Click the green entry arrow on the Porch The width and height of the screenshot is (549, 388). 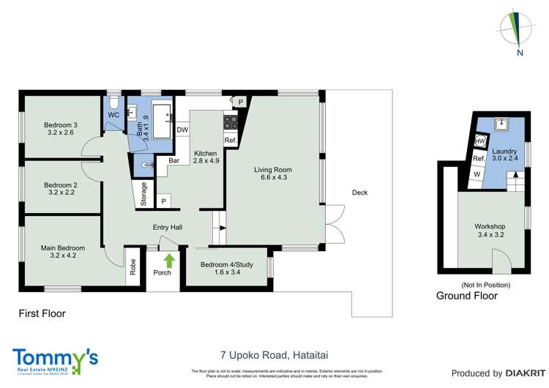170,260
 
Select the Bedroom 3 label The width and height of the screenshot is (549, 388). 61,129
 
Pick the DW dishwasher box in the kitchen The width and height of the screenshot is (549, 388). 182,130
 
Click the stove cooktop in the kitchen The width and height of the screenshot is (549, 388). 231,122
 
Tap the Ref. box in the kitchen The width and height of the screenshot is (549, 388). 230,140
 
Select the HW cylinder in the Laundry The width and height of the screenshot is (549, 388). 481,141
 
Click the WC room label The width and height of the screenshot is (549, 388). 113,116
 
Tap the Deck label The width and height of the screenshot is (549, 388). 359,193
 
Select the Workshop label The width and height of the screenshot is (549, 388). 490,232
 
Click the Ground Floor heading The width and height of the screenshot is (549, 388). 467,296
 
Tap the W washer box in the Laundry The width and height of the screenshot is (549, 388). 477,174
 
